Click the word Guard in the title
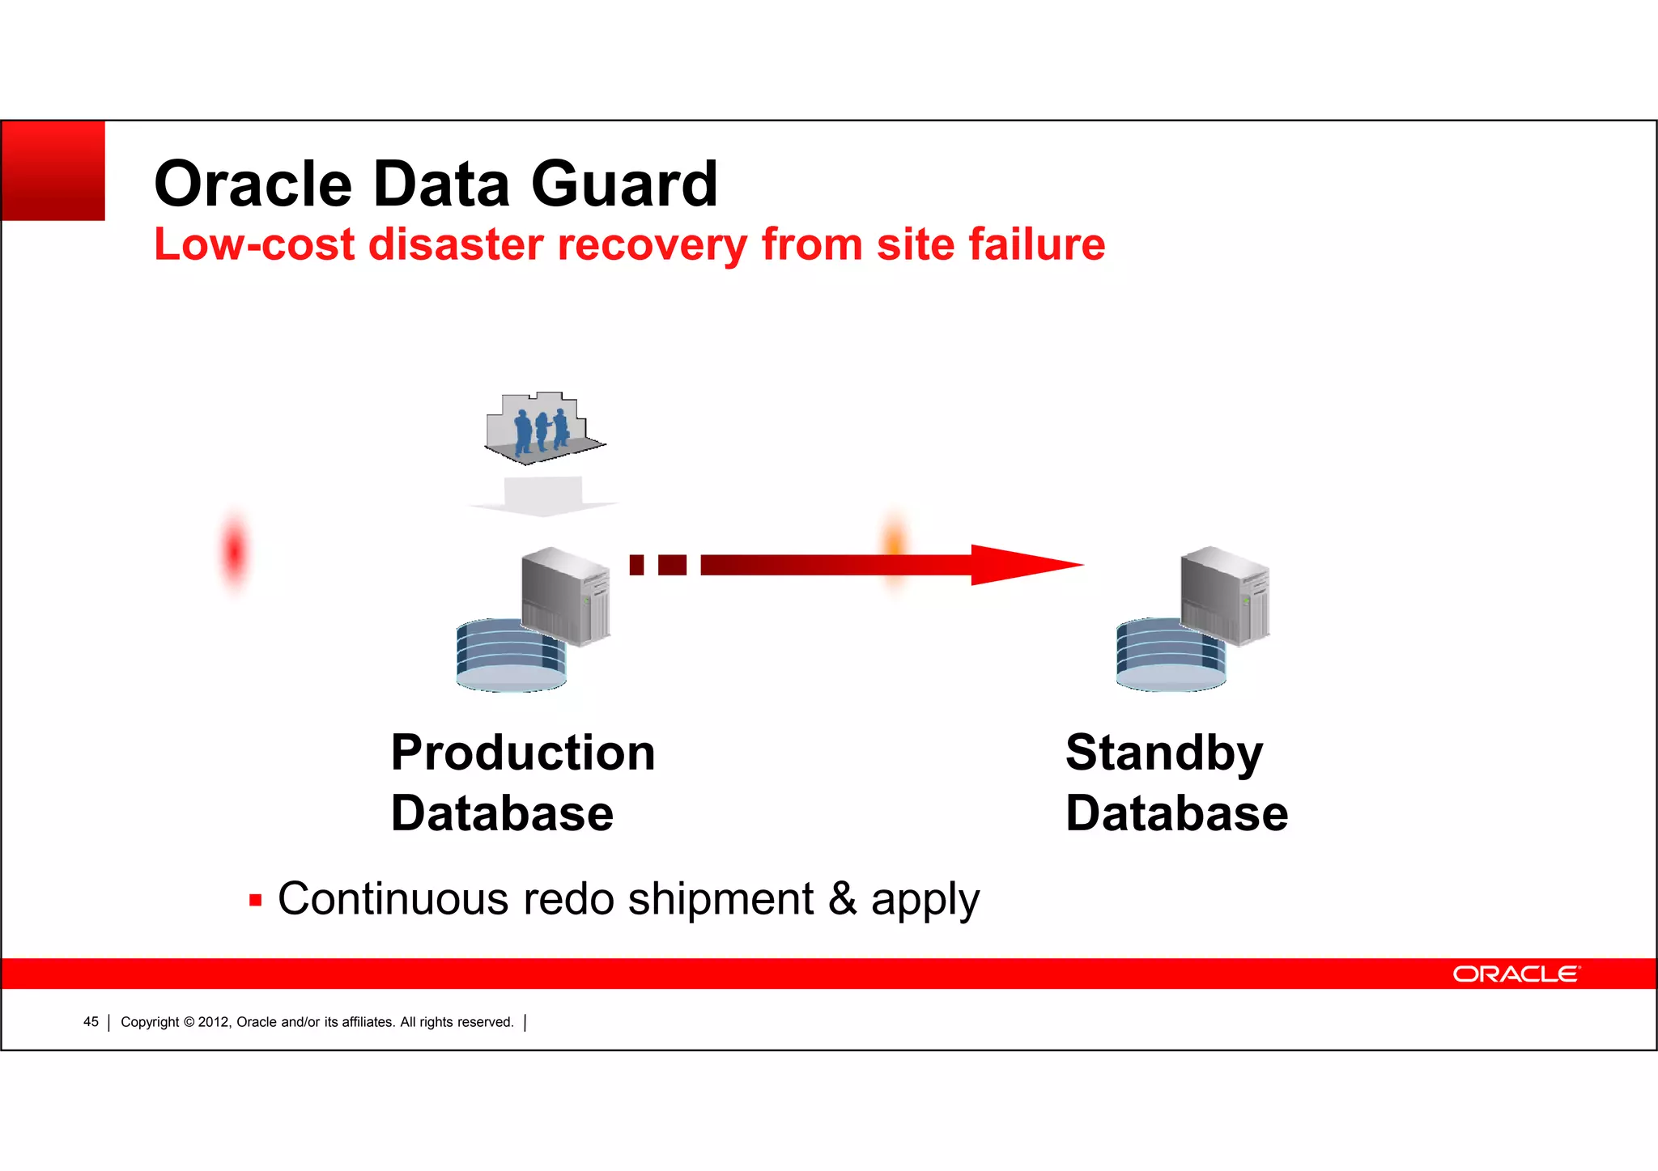point(624,185)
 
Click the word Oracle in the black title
point(253,185)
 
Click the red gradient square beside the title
point(53,170)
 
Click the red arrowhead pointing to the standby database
point(1020,565)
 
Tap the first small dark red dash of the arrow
point(637,565)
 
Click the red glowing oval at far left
point(235,553)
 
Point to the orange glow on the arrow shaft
point(895,550)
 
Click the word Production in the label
point(523,753)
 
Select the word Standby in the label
point(1164,753)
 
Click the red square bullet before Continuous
point(256,900)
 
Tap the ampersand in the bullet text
point(843,898)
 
